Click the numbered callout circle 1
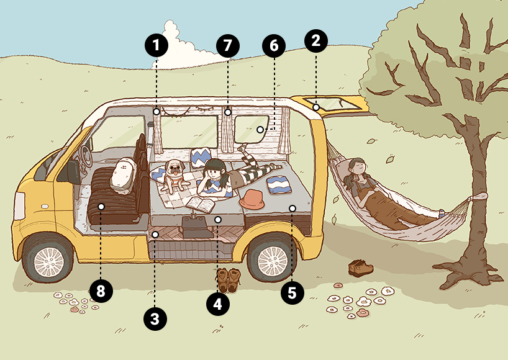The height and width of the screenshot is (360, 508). click(156, 45)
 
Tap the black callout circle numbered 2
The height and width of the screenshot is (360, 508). click(316, 41)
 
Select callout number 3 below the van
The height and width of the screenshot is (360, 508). click(155, 319)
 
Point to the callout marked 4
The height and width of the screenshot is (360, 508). click(218, 304)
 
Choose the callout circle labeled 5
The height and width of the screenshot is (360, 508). click(293, 293)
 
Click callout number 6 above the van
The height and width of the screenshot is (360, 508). click(274, 46)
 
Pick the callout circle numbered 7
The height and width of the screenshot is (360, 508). click(228, 45)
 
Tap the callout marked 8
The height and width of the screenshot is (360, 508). click(101, 290)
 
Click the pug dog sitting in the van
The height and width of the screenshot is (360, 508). click(174, 176)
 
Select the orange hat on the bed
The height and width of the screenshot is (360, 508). click(252, 199)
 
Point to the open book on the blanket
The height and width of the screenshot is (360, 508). click(201, 205)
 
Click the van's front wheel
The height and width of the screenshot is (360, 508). click(48, 261)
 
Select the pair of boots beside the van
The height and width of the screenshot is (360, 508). click(229, 280)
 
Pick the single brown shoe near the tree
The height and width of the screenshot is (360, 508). click(361, 268)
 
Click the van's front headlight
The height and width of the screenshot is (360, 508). click(20, 206)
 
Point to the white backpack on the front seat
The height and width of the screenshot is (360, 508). click(123, 176)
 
